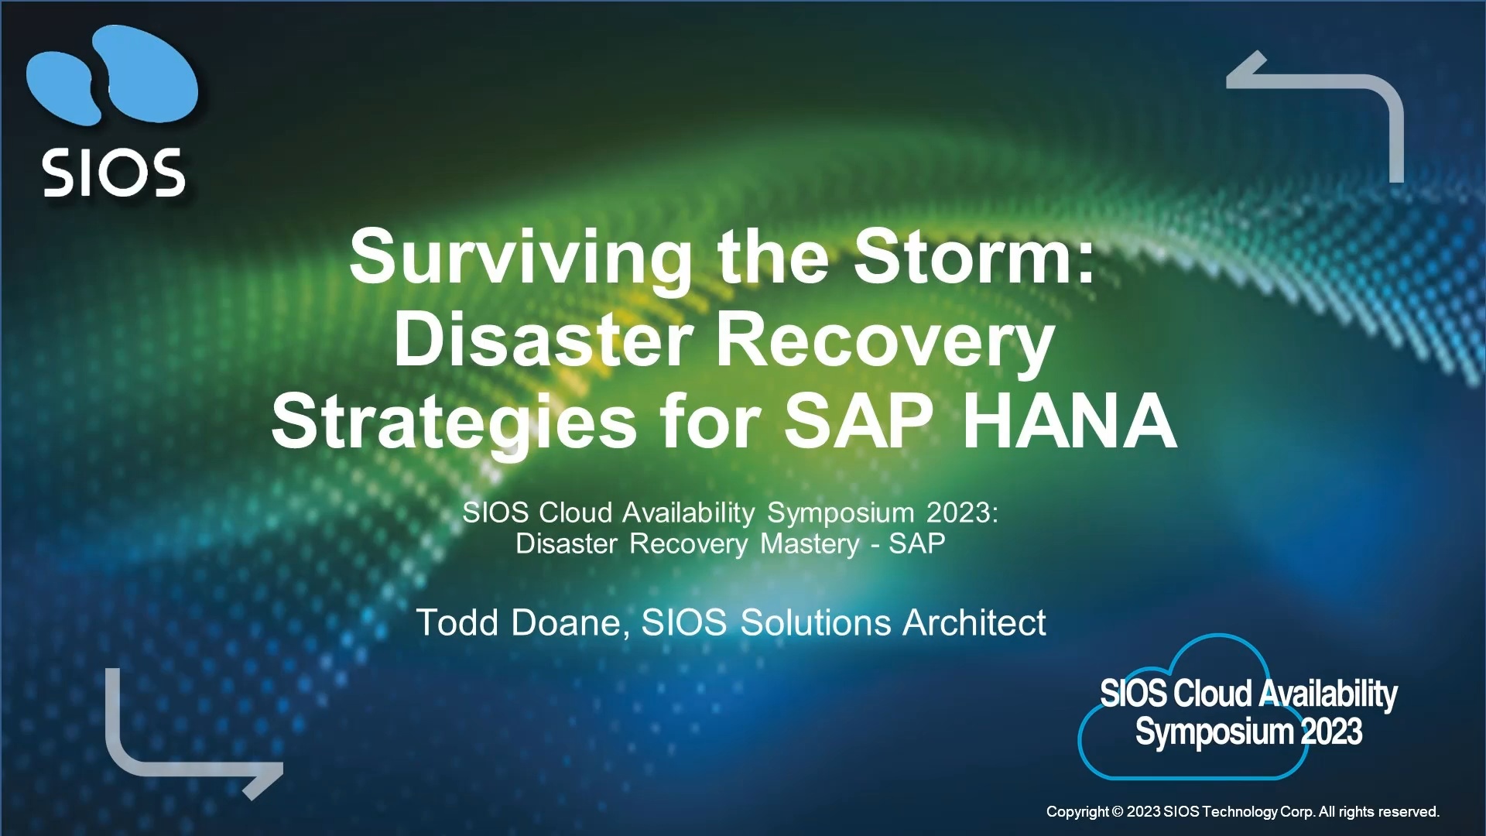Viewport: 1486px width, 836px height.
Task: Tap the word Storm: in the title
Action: coord(975,255)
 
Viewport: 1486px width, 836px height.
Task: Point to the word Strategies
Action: coord(454,424)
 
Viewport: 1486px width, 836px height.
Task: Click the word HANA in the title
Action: coord(1070,421)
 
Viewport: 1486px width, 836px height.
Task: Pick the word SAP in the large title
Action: coord(858,421)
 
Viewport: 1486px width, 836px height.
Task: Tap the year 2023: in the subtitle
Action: coord(963,512)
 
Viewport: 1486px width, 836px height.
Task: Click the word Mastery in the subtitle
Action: coord(810,545)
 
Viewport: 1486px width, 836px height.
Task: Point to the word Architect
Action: coord(974,622)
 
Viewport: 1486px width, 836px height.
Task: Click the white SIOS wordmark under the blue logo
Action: coord(114,173)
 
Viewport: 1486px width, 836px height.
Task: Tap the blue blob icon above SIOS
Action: coord(112,75)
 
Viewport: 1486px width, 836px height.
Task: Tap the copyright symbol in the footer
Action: coord(1117,812)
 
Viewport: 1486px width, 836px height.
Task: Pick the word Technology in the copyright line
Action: coord(1238,812)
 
